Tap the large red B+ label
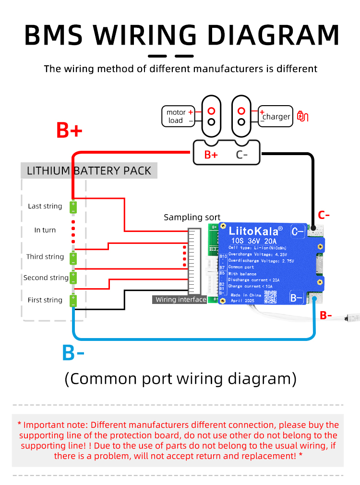(x=70, y=131)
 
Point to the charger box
(x=276, y=117)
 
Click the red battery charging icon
(x=303, y=116)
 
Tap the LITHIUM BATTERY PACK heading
(x=89, y=170)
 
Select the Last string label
(x=45, y=206)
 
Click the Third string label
(x=45, y=256)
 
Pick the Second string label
(x=46, y=278)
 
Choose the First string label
(x=45, y=300)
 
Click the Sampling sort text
(x=192, y=217)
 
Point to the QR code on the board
(x=271, y=296)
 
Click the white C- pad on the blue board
(x=298, y=231)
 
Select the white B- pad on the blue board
(x=297, y=298)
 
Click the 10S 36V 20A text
(x=253, y=241)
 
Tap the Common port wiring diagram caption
(x=180, y=378)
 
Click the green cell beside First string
(x=73, y=301)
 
